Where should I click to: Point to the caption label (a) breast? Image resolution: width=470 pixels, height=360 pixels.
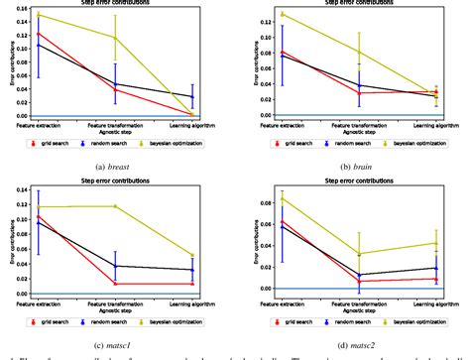coord(115,161)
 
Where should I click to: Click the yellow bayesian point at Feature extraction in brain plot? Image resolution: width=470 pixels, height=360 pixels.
coord(255,14)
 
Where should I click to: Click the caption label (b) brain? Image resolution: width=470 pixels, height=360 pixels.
coord(354,161)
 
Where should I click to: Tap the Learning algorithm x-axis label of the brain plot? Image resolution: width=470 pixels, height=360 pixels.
coord(434,124)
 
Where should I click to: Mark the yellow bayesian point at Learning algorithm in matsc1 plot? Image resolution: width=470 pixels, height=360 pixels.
coord(192,255)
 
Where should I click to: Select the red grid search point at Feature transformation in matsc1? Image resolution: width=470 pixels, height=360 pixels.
coord(115,284)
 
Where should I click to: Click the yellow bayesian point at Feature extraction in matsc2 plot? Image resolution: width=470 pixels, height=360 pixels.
coord(255,197)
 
